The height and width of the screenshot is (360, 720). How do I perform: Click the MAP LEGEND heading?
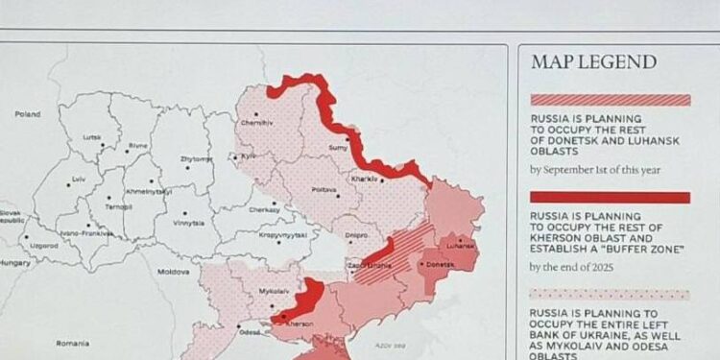(x=593, y=63)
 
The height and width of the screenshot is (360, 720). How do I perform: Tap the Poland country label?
(x=28, y=114)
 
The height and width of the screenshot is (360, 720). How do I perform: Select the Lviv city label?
(x=79, y=180)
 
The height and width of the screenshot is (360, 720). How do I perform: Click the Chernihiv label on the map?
(x=257, y=123)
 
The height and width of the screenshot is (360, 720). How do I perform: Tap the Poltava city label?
(x=324, y=190)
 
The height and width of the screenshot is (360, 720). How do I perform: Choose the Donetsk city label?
(x=440, y=263)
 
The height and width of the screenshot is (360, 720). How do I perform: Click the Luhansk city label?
(x=461, y=245)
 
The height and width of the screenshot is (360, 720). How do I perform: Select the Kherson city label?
(x=300, y=324)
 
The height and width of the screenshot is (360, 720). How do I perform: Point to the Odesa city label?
(x=250, y=332)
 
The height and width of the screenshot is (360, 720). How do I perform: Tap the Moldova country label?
(x=173, y=272)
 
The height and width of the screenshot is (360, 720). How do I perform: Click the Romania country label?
(x=72, y=343)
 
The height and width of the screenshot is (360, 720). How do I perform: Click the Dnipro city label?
(x=356, y=234)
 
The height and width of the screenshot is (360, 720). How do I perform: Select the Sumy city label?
(x=338, y=148)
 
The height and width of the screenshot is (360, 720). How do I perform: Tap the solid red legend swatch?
(x=610, y=198)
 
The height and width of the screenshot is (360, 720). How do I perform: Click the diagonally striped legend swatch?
(x=610, y=100)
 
